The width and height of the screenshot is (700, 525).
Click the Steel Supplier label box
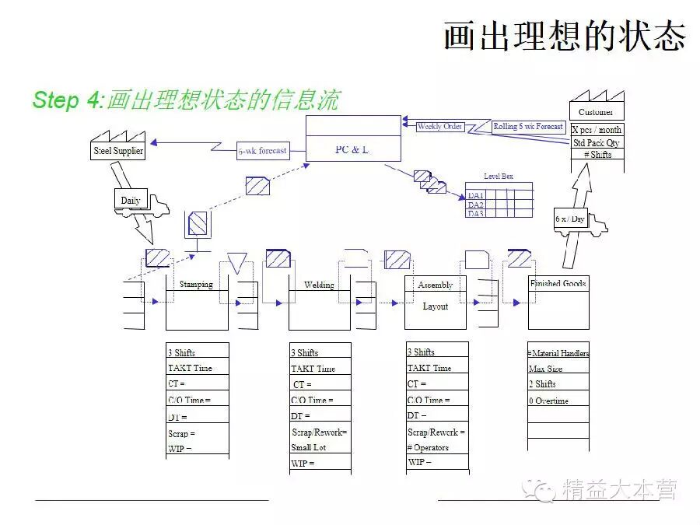[118, 151]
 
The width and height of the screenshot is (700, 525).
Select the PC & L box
[352, 149]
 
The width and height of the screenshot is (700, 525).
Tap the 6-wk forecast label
[263, 151]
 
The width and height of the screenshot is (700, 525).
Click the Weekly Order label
[439, 127]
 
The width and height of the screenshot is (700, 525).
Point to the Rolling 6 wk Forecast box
[528, 127]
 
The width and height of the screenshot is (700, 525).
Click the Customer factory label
[596, 112]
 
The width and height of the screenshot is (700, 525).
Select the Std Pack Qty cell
[597, 142]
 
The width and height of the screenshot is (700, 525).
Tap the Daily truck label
[131, 200]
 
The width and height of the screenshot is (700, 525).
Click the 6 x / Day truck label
[569, 219]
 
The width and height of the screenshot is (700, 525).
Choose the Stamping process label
[196, 284]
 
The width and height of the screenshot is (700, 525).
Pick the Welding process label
[319, 285]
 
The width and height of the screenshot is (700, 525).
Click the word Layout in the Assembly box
[435, 306]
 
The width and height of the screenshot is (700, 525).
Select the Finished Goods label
[558, 283]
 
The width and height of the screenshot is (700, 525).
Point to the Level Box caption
[498, 177]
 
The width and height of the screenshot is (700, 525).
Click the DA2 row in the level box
[475, 204]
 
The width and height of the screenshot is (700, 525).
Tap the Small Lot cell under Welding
[309, 447]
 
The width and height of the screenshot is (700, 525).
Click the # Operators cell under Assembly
[428, 447]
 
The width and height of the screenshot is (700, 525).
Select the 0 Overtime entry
[548, 401]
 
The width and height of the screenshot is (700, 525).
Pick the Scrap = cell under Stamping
[182, 433]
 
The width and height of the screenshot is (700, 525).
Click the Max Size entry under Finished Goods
[545, 369]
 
